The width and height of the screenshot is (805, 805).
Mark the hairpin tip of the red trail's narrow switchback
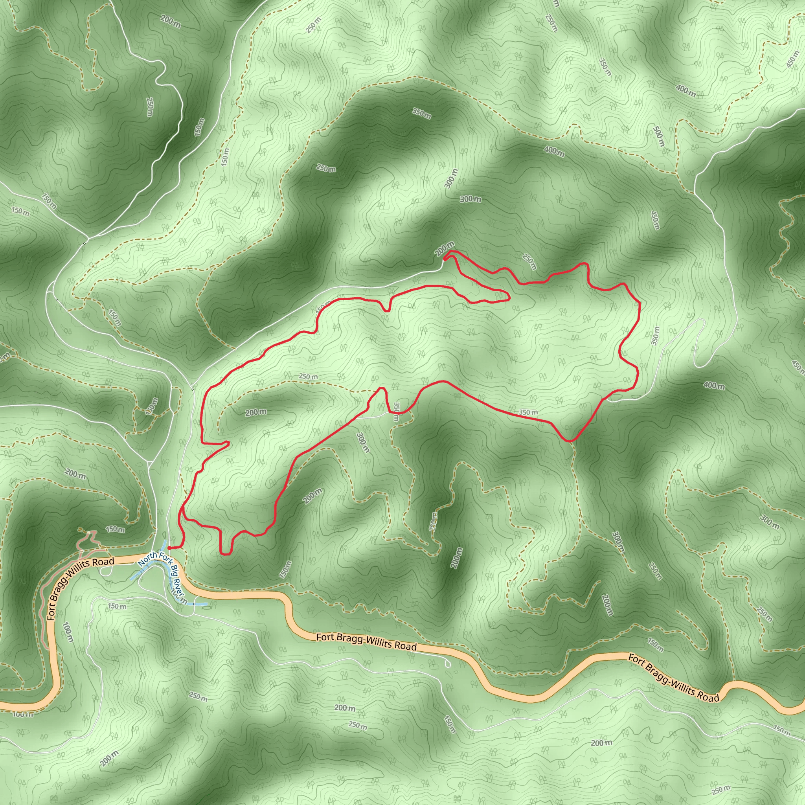(508, 298)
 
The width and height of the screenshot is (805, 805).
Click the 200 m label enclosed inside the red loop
(255, 412)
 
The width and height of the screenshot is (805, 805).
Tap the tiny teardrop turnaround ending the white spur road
(448, 664)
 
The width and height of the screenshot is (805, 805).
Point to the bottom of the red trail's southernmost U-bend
(225, 554)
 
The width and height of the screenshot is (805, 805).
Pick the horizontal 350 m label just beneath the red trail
(528, 412)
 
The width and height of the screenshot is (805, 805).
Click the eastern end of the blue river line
(207, 603)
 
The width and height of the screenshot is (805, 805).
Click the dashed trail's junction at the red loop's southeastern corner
(571, 440)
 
